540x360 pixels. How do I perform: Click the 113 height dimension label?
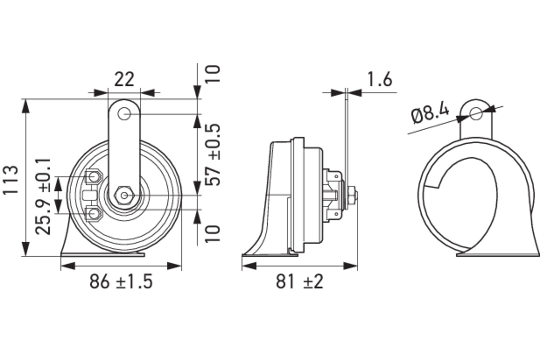pos(11,180)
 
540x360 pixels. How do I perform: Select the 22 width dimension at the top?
pos(124,79)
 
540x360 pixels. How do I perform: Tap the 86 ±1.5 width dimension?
pos(121,281)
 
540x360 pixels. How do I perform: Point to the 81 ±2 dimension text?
pos(300,281)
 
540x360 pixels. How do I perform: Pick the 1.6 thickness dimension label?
pos(379,79)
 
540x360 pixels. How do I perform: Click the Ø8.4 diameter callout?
pos(430,114)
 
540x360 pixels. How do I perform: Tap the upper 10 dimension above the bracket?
pos(213,74)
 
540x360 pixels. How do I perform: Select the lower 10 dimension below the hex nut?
pos(213,234)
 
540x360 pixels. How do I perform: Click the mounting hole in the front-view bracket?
pos(124,115)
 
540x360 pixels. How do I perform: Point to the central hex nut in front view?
pos(124,195)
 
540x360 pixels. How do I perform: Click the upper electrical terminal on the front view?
pos(94,177)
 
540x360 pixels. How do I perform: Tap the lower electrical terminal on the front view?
pos(94,213)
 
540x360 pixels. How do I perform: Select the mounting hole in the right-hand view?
pos(476,114)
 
